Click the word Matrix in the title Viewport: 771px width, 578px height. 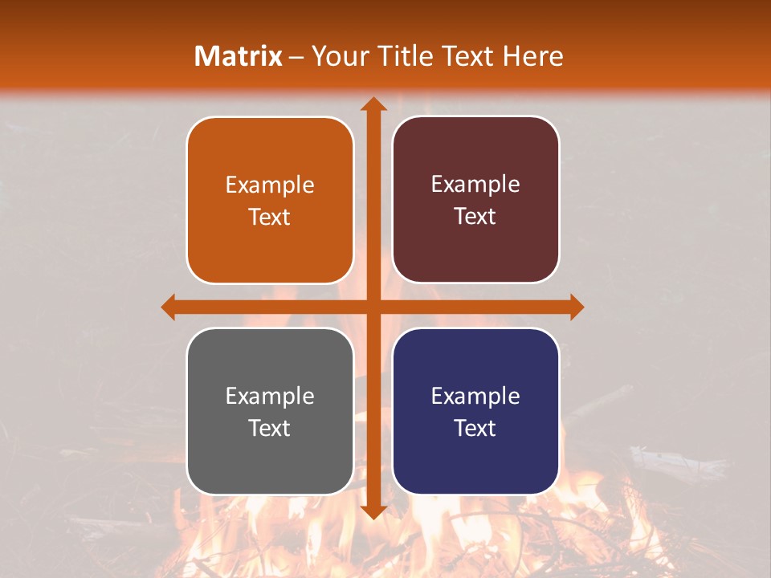(239, 56)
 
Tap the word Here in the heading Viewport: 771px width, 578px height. (532, 56)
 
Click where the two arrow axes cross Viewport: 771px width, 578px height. (373, 307)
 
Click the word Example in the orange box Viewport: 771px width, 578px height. (270, 185)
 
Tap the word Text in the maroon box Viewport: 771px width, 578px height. (475, 217)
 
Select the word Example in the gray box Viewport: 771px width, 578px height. (270, 397)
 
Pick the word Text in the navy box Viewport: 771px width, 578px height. (475, 428)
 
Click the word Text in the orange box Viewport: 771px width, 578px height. (270, 217)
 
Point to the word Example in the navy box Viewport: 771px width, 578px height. (475, 397)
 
